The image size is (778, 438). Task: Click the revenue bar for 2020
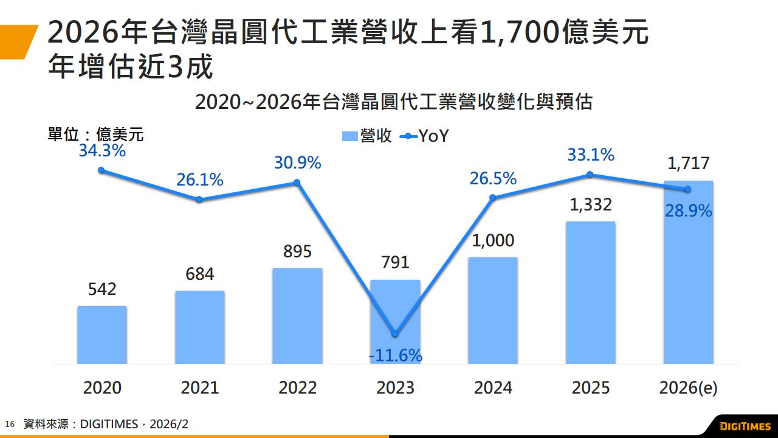[102, 335]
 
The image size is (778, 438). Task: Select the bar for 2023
[395, 304]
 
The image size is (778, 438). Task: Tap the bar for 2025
[590, 292]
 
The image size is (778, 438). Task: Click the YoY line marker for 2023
[395, 334]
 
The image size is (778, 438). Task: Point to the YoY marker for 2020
[102, 170]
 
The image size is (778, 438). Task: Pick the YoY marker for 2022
[297, 182]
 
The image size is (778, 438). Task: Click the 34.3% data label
[102, 151]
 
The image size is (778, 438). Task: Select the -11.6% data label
[396, 356]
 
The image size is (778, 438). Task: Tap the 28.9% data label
[688, 211]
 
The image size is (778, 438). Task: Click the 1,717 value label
[688, 164]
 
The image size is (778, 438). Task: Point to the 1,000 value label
[493, 240]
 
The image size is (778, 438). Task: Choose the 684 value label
[200, 274]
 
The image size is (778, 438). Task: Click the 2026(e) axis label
[688, 388]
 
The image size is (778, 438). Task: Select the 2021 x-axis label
[200, 388]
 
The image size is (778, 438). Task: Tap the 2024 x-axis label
[493, 388]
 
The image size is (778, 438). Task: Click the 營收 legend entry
[367, 136]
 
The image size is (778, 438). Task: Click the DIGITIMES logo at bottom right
[745, 425]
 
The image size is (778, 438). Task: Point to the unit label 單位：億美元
[95, 134]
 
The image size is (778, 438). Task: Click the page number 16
[9, 424]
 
